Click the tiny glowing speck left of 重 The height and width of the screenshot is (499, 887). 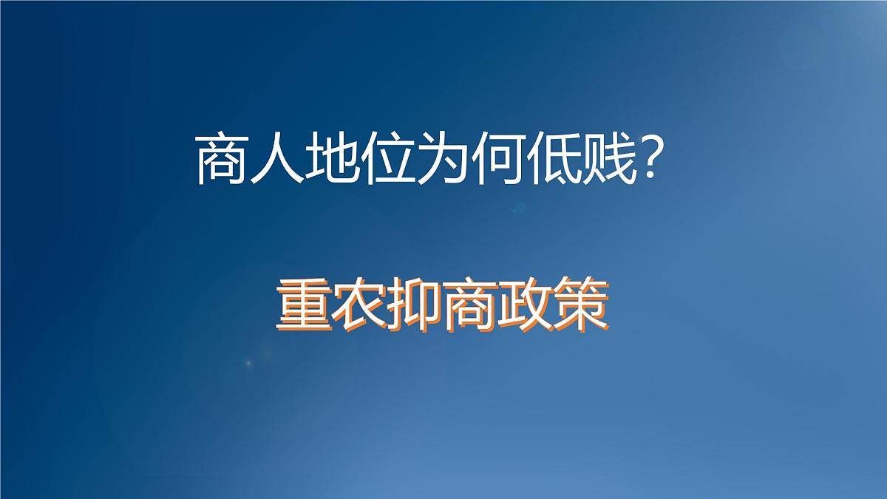point(248,362)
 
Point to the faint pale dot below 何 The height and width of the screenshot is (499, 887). point(520,207)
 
